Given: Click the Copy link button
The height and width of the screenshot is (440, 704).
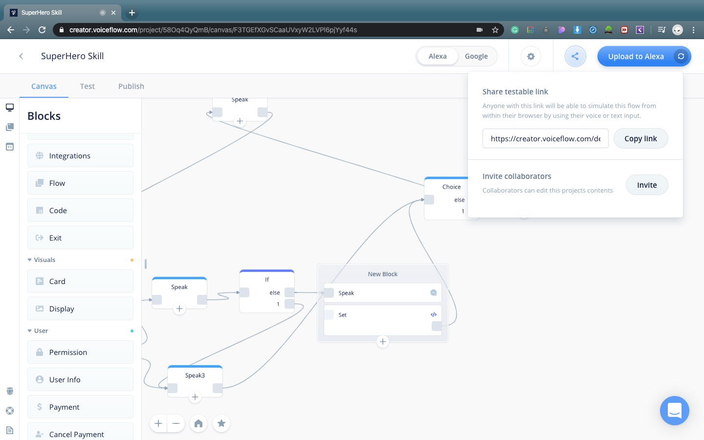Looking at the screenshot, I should [x=640, y=139].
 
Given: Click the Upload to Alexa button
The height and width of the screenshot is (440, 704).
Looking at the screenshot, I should [x=636, y=57].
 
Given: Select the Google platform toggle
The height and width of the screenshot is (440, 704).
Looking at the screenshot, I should [x=476, y=56].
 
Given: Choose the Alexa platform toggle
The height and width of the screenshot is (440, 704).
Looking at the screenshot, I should [x=438, y=56].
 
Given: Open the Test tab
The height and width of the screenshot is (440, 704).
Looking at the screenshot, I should [x=88, y=87].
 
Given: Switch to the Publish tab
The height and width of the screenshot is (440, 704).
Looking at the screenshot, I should [x=131, y=87].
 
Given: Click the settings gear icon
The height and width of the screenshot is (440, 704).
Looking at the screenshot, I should [x=531, y=57].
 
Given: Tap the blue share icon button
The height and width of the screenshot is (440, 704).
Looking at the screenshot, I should [x=575, y=57].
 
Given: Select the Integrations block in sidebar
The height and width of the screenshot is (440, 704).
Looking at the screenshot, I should [x=80, y=156].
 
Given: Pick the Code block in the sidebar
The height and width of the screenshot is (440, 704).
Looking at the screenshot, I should [x=80, y=211].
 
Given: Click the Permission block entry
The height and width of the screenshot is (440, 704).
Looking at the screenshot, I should [x=80, y=352].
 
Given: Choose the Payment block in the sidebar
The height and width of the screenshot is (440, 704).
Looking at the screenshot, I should [x=80, y=407].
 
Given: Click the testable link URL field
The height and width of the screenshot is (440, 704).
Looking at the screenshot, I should [x=545, y=139].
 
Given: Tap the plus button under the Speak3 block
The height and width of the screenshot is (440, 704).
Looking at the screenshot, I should [x=195, y=397].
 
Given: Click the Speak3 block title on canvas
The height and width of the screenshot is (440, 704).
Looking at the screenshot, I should [x=195, y=375].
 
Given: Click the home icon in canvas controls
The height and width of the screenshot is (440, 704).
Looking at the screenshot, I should [x=198, y=423].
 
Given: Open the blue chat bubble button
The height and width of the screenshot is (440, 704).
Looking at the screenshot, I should [x=674, y=411].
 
